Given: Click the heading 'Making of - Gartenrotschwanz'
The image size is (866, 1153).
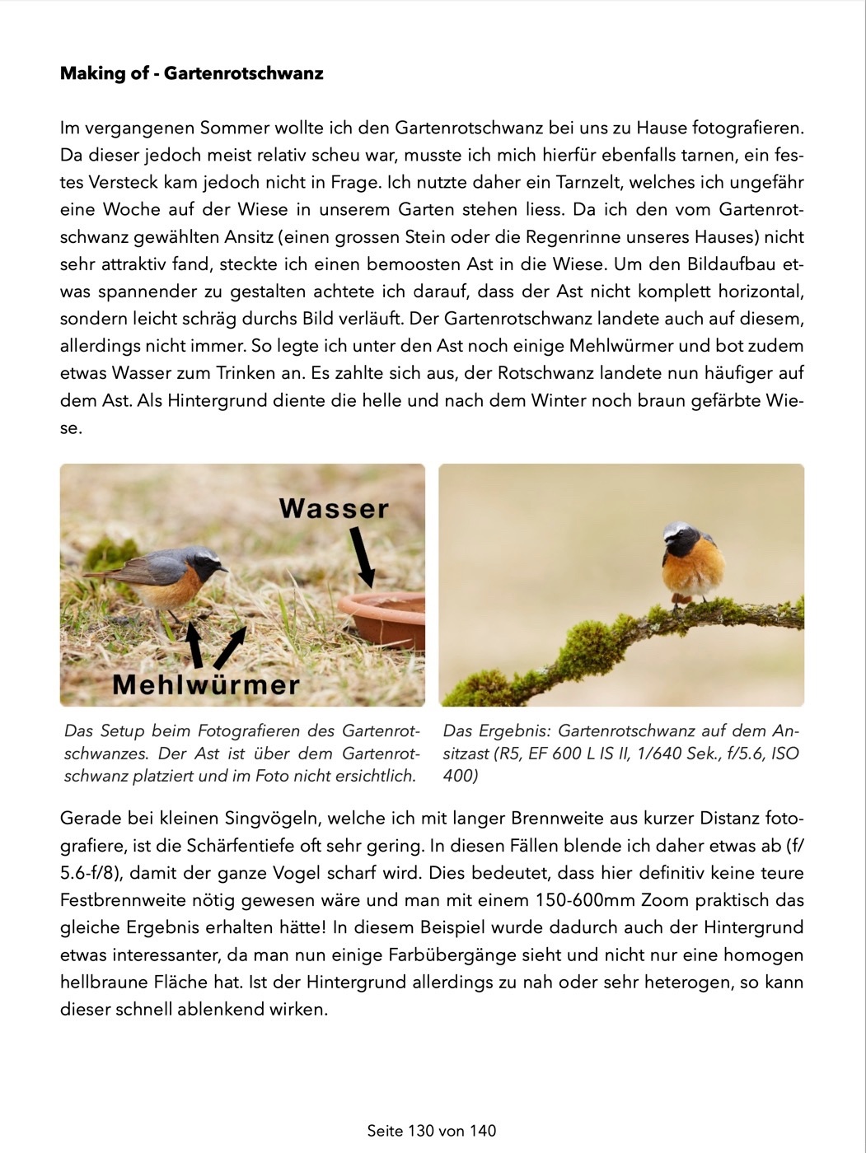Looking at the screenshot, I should [x=191, y=73].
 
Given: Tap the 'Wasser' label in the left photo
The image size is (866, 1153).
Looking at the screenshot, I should [x=334, y=508].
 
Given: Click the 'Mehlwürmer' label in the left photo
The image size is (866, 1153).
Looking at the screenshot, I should [x=206, y=684].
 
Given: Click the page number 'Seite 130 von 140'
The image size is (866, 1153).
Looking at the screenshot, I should [x=432, y=1131].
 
